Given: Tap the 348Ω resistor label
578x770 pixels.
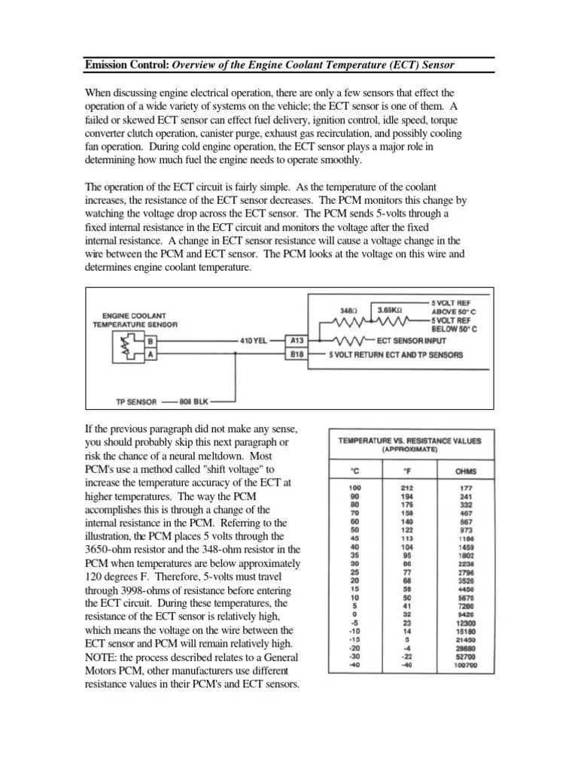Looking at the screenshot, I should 348,308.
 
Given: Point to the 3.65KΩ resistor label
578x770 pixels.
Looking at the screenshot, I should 389,308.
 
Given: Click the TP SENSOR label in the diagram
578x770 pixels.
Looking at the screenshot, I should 136,402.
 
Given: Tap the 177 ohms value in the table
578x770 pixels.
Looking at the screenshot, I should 466,489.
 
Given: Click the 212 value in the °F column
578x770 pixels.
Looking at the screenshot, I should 407,489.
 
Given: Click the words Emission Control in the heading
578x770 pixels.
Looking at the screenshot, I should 126,65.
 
